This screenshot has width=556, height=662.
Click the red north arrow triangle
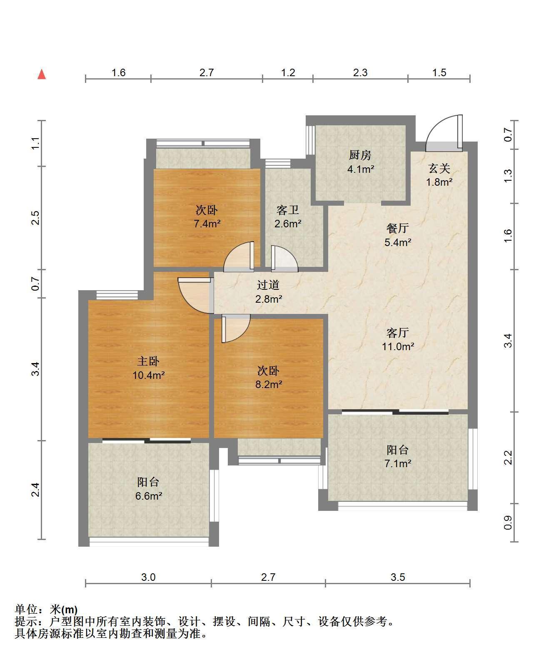[42, 74]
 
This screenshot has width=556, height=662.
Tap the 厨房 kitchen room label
[360, 155]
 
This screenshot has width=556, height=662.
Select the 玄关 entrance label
[439, 168]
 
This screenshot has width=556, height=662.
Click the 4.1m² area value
[361, 169]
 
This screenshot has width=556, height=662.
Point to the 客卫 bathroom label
[288, 210]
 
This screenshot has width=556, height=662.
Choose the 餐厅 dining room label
[398, 228]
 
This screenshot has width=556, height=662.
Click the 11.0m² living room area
[398, 346]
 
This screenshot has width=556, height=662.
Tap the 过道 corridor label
[268, 285]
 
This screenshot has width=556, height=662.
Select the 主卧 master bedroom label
[148, 361]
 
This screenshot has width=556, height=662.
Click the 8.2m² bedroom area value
[269, 384]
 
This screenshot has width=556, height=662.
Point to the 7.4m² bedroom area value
[207, 224]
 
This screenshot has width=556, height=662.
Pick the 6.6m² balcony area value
[149, 496]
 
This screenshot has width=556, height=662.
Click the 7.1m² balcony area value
[398, 463]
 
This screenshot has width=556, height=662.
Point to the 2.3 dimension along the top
[360, 72]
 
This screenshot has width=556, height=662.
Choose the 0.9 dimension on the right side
[508, 523]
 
